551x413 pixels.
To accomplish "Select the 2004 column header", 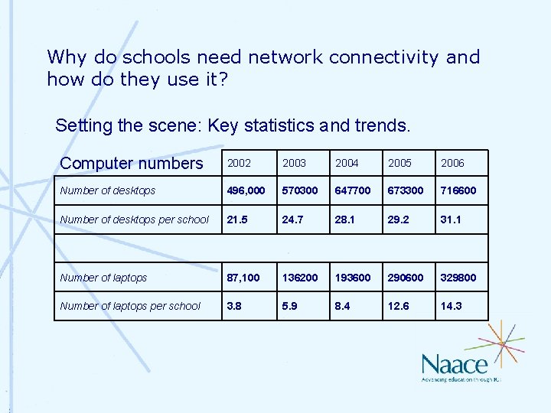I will tap(347, 163).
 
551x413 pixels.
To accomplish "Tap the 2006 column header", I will tap(452, 163).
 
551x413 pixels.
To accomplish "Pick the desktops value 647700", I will tap(354, 190).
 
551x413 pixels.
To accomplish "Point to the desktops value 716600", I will tap(458, 190).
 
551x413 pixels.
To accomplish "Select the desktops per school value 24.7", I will tap(293, 220).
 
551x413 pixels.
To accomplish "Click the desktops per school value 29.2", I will tap(399, 220).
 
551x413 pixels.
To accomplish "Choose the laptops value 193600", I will tap(354, 278).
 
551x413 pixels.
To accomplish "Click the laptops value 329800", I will tap(458, 278).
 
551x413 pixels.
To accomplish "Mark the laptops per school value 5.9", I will tap(290, 306).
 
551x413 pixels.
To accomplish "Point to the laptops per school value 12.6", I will tap(399, 306).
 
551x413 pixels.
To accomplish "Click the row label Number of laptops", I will tap(103, 278).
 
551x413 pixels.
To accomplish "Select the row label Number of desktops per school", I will tap(134, 220).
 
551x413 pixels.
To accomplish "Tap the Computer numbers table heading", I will tap(132, 163).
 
